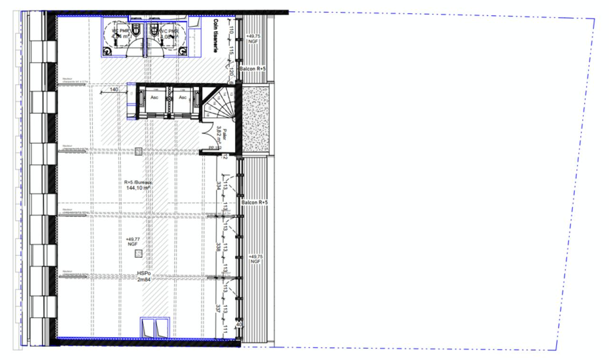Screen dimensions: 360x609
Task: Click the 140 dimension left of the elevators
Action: click(114, 89)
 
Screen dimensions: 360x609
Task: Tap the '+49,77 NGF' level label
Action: click(132, 241)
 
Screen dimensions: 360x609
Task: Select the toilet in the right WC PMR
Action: click(154, 30)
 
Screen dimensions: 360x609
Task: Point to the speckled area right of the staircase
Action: click(257, 119)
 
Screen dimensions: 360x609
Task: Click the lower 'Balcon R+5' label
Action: click(255, 203)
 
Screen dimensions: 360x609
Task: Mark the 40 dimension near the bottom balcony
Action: click(239, 325)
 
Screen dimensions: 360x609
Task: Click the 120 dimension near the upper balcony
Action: click(230, 71)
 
